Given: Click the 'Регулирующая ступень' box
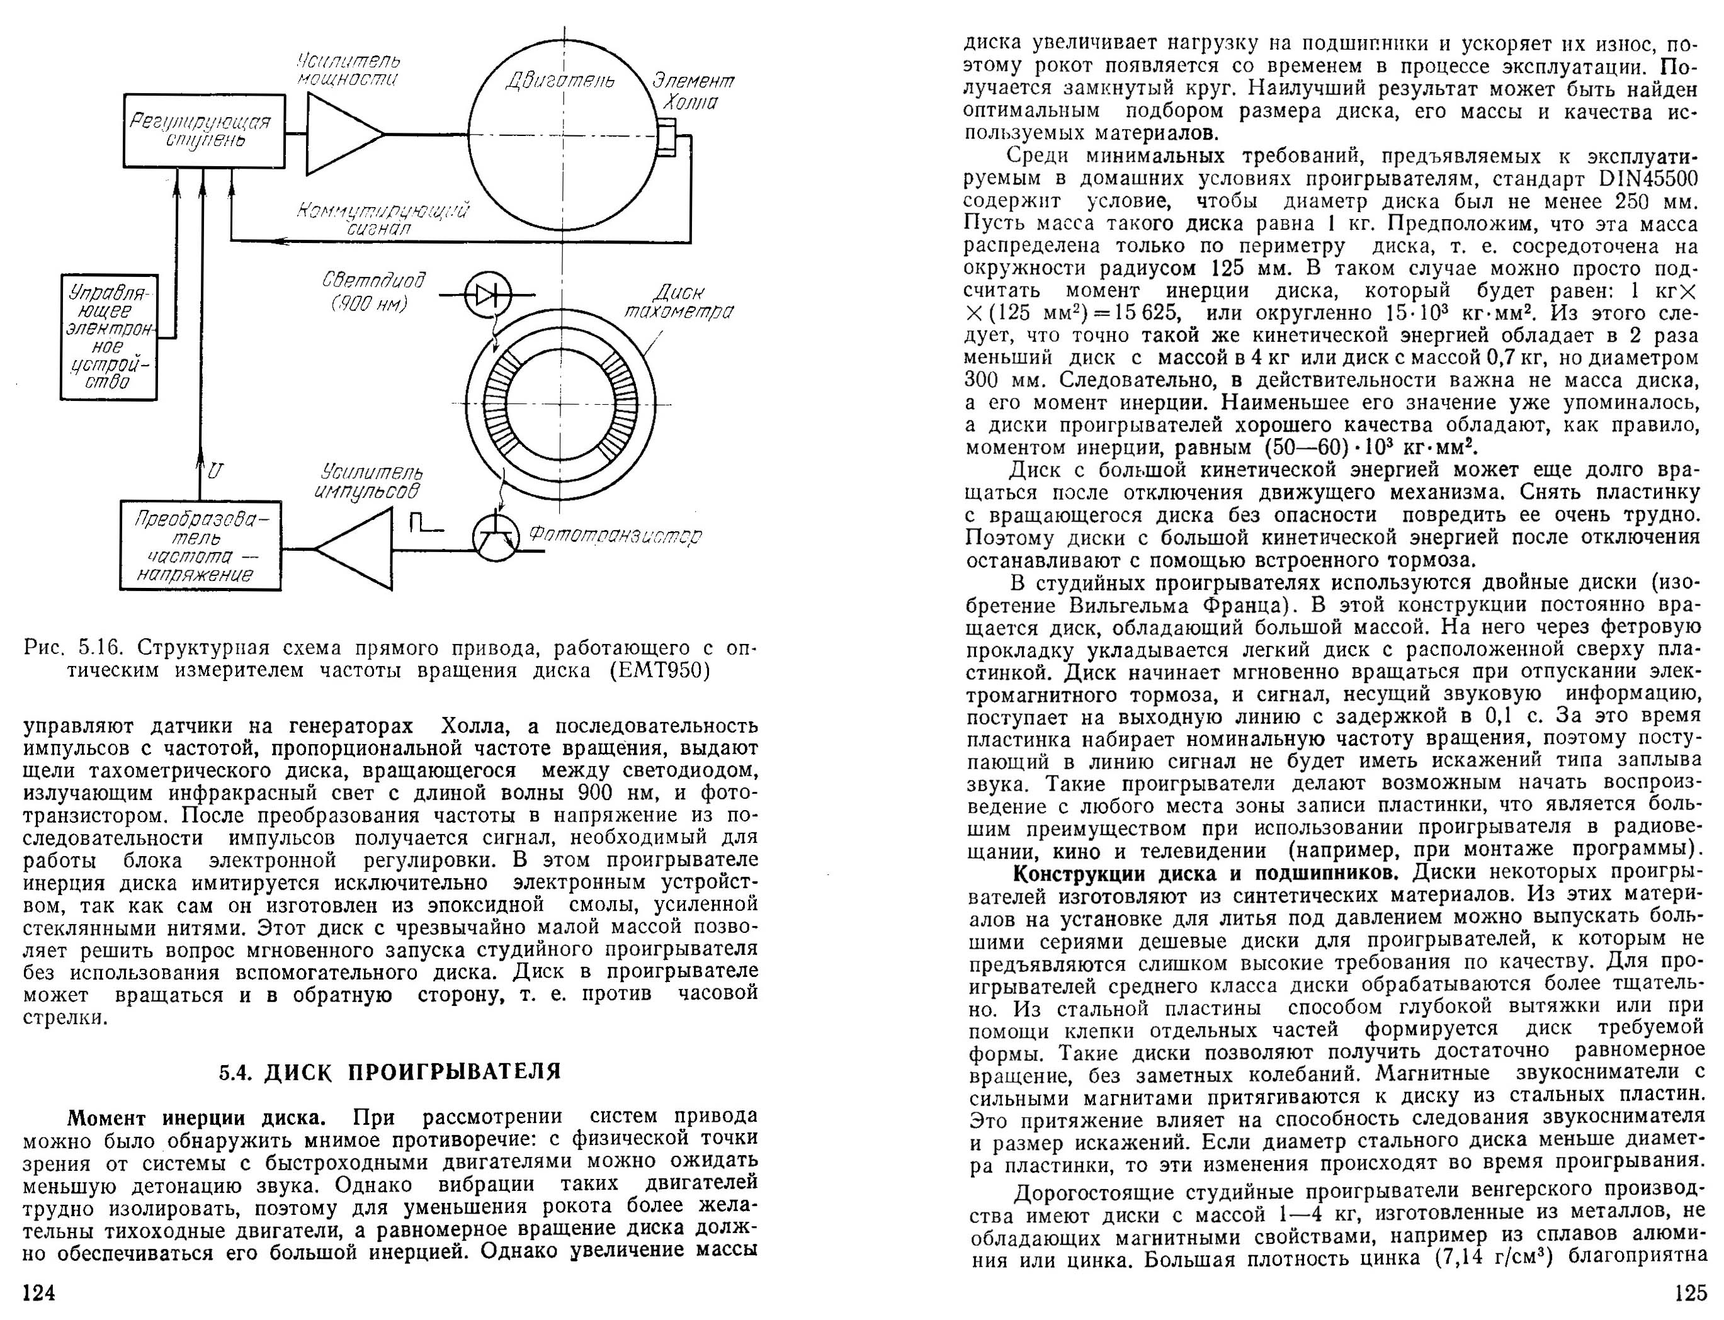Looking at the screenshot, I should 203,130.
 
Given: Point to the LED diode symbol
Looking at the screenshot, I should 488,295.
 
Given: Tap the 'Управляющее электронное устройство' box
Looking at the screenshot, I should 109,337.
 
